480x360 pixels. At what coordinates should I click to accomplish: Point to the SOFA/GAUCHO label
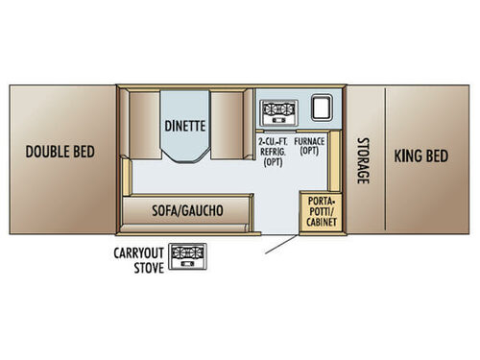coord(188,209)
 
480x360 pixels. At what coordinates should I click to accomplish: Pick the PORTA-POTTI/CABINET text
coord(318,212)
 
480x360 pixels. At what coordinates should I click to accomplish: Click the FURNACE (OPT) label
coord(309,147)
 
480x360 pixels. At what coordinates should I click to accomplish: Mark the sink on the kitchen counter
coord(321,108)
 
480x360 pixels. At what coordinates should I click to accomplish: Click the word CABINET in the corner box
coord(318,224)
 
